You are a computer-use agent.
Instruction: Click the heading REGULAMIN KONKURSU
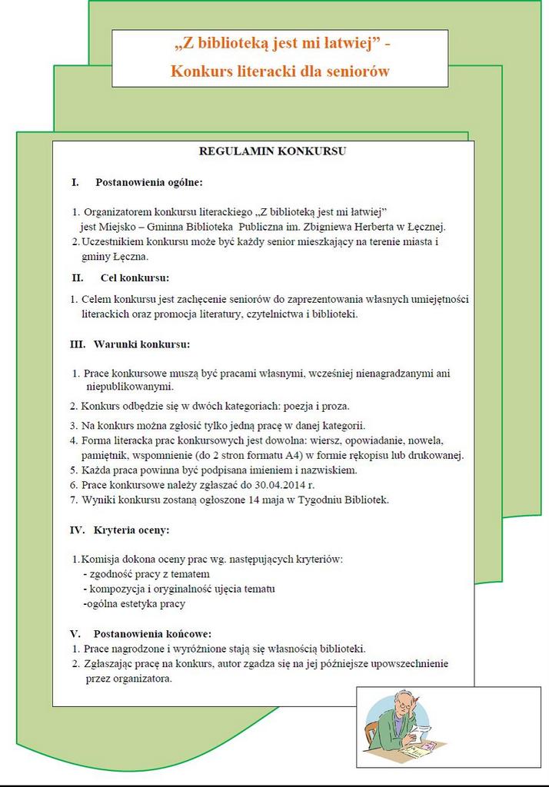pyautogui.click(x=272, y=151)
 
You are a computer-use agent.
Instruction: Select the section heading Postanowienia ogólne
pyautogui.click(x=149, y=183)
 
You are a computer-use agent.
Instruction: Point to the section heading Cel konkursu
pyautogui.click(x=135, y=277)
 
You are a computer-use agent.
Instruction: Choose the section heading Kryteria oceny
pyautogui.click(x=131, y=530)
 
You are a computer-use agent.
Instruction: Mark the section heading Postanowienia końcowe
pyautogui.click(x=152, y=634)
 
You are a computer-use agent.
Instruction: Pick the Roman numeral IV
pyautogui.click(x=77, y=530)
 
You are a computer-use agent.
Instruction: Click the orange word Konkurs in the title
pyautogui.click(x=199, y=72)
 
